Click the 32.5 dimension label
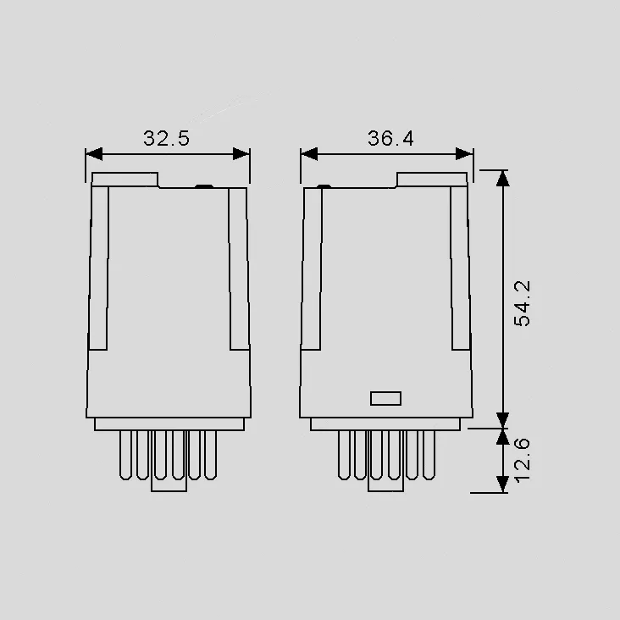click(167, 138)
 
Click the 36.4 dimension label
click(390, 138)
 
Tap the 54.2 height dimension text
click(522, 303)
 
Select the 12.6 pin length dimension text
click(522, 460)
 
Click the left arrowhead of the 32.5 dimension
click(94, 154)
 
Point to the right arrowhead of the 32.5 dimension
click(241, 154)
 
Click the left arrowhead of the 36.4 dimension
click(309, 154)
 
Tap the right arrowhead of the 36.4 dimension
click(464, 154)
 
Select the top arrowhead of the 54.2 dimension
click(502, 179)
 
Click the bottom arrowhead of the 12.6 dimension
click(502, 484)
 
